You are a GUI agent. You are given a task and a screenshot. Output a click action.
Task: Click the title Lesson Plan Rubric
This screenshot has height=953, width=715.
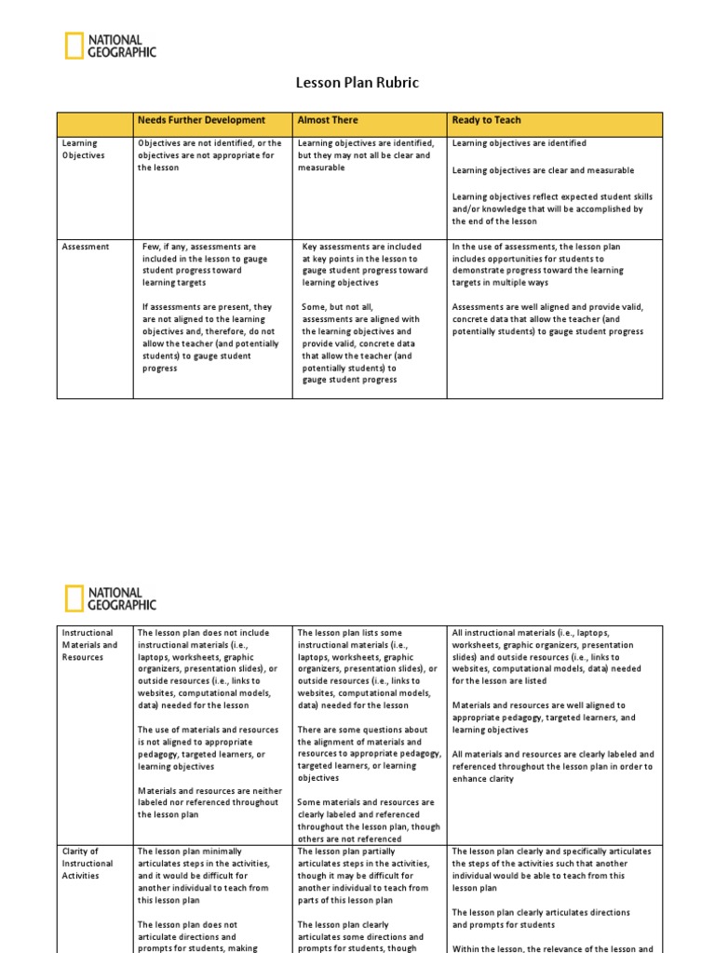(357, 83)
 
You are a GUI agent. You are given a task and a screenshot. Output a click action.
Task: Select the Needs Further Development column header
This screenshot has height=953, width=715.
(201, 121)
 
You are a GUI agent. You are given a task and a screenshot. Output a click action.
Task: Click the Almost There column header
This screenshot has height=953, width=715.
(327, 121)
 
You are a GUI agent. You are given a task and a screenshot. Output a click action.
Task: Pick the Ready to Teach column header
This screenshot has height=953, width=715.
(486, 121)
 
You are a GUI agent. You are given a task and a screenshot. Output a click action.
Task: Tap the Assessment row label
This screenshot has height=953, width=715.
(85, 247)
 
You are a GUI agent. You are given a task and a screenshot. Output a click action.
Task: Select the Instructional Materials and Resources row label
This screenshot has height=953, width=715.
(89, 644)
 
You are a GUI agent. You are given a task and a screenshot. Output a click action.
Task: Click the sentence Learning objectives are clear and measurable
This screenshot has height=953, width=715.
(543, 170)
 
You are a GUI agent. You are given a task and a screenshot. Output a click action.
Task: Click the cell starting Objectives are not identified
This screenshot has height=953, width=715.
(209, 155)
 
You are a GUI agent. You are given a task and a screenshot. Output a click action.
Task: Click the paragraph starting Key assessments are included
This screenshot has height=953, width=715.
(365, 264)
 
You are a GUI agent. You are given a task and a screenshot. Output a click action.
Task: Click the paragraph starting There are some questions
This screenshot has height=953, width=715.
(369, 753)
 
